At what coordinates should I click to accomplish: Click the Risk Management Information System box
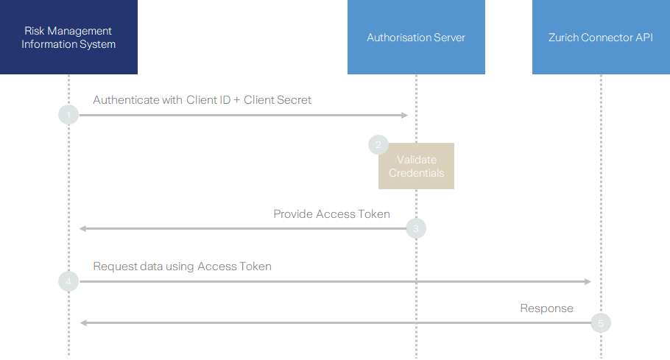pyautogui.click(x=68, y=37)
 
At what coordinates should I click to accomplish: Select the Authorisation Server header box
pyautogui.click(x=416, y=37)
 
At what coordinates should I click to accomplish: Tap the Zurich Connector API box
pyautogui.click(x=601, y=37)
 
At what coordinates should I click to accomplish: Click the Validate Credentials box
pyautogui.click(x=417, y=166)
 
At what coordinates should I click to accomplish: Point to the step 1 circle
pyautogui.click(x=68, y=115)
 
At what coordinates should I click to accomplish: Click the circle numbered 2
pyautogui.click(x=378, y=145)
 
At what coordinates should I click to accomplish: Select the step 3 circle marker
pyautogui.click(x=416, y=229)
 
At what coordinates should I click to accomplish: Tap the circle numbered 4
pyautogui.click(x=68, y=281)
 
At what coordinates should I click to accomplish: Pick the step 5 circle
pyautogui.click(x=601, y=322)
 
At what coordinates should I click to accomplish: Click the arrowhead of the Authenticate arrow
pyautogui.click(x=404, y=115)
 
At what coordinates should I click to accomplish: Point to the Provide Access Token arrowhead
pyautogui.click(x=83, y=229)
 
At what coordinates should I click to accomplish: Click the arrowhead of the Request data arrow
pyautogui.click(x=588, y=281)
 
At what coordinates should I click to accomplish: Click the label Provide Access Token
pyautogui.click(x=331, y=213)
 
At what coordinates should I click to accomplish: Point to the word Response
pyautogui.click(x=546, y=308)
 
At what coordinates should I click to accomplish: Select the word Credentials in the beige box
pyautogui.click(x=417, y=173)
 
